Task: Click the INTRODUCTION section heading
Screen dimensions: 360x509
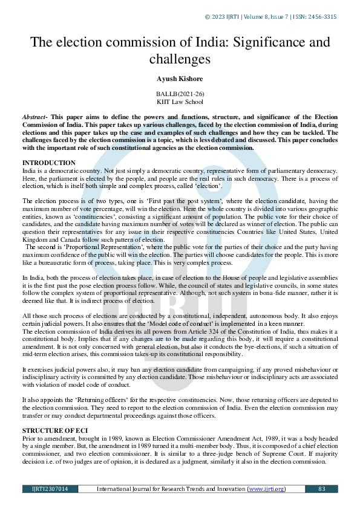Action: (49, 163)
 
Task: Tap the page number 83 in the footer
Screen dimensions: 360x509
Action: (321, 488)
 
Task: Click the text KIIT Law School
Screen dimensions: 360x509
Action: (180, 102)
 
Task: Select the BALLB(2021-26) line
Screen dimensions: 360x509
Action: (180, 94)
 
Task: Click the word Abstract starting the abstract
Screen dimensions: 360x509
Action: (34, 115)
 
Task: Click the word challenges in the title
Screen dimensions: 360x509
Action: (180, 59)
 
